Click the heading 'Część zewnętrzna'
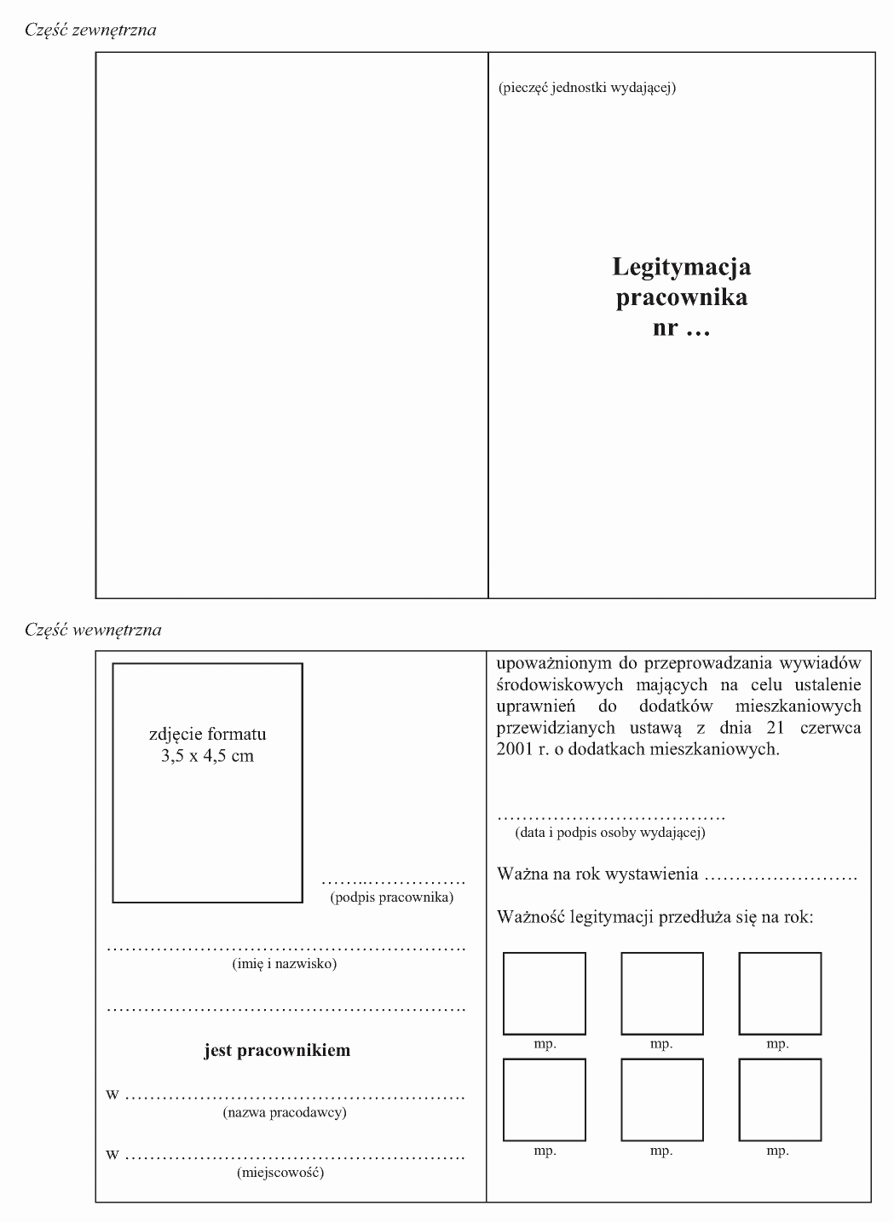click(91, 31)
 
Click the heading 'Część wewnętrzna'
click(93, 631)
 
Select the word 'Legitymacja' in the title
click(681, 267)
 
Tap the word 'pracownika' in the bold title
click(681, 297)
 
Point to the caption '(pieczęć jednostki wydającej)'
click(587, 87)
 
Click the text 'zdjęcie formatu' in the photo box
click(207, 734)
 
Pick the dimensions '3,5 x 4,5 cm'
click(207, 756)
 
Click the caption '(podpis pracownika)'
click(391, 897)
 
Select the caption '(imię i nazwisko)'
click(285, 964)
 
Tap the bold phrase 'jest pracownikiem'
click(277, 1050)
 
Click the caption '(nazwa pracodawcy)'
click(285, 1112)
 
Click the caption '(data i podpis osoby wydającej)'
click(610, 833)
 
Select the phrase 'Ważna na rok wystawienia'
click(597, 874)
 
